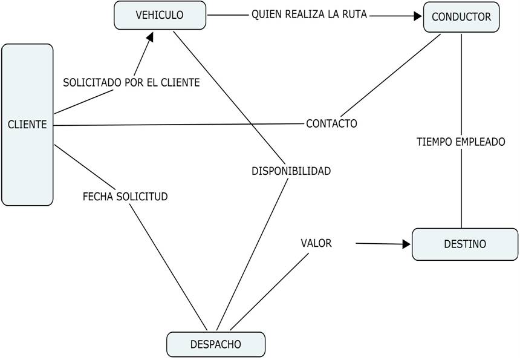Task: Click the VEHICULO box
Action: [160, 15]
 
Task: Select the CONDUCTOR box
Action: [461, 17]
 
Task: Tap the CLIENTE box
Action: [27, 125]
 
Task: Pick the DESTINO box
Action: [464, 244]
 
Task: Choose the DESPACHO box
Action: [216, 344]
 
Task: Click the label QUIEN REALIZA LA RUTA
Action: [309, 14]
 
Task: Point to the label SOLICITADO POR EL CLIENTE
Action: [131, 83]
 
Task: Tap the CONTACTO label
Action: [331, 123]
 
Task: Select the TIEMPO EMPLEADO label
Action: [461, 142]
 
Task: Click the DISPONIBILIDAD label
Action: [291, 171]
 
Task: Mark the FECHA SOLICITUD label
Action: [125, 197]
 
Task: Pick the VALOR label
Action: [316, 243]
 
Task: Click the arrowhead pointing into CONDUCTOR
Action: [417, 16]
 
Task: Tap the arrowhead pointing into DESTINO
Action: [406, 244]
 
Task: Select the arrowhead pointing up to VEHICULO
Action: [149, 37]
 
